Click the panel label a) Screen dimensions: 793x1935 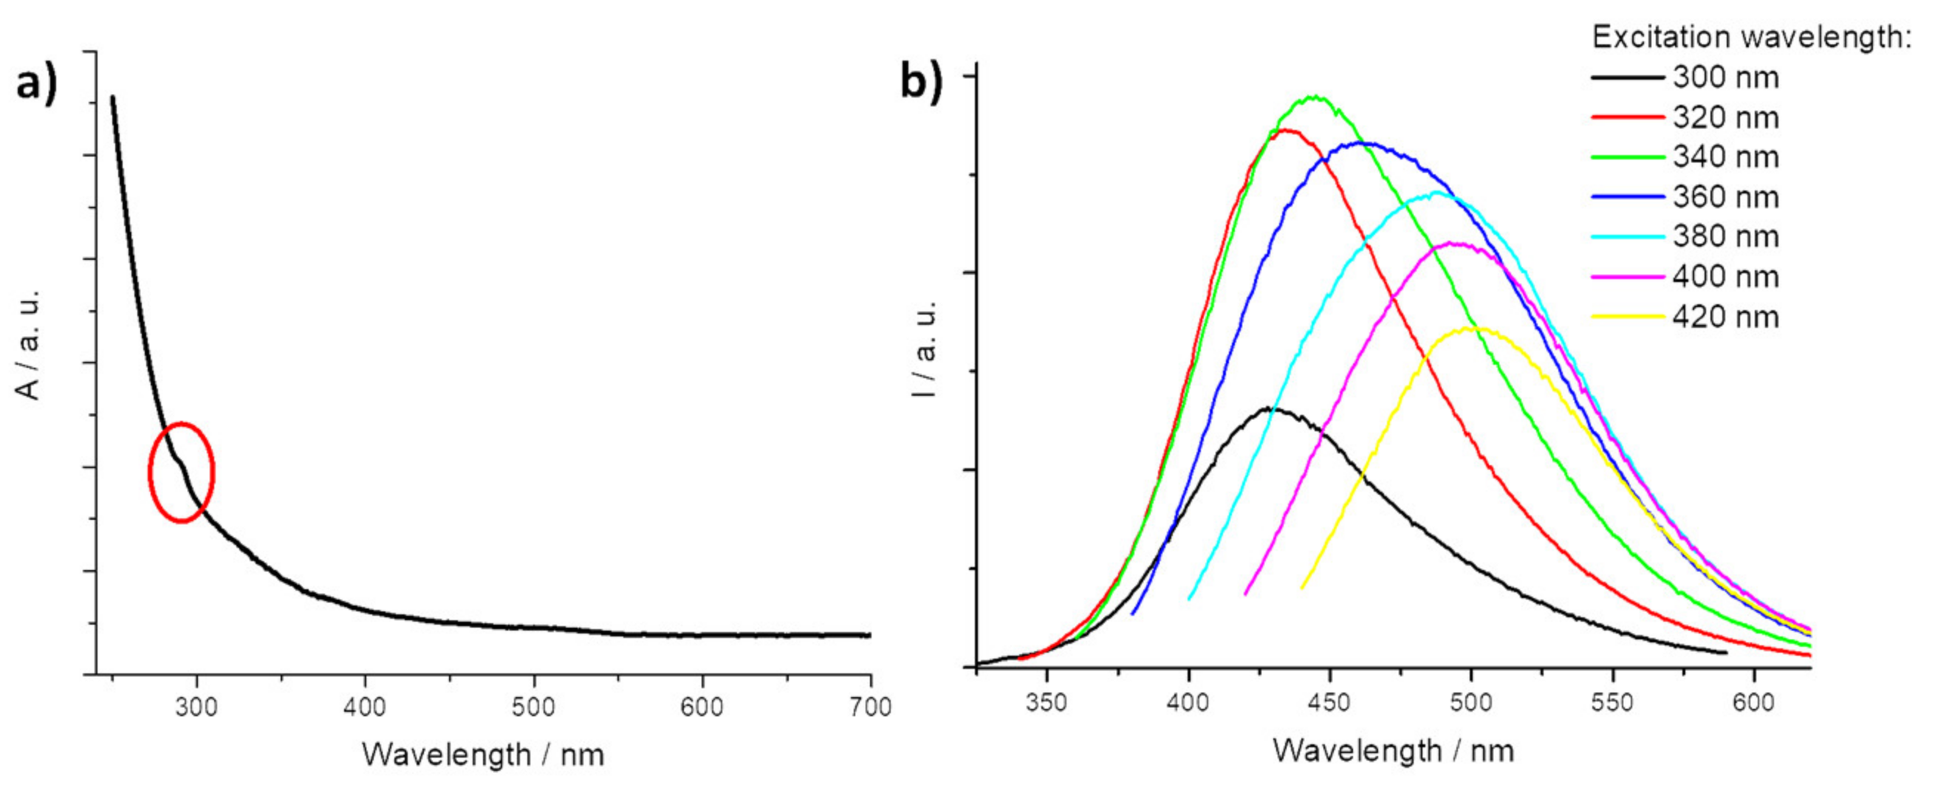[36, 84]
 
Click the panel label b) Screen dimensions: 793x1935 [921, 83]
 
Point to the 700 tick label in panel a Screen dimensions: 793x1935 [870, 707]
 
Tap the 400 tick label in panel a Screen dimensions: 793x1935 [365, 707]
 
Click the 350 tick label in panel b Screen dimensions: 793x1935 [1047, 703]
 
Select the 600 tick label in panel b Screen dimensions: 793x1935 [1753, 703]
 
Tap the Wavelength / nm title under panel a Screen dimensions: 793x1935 [482, 755]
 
